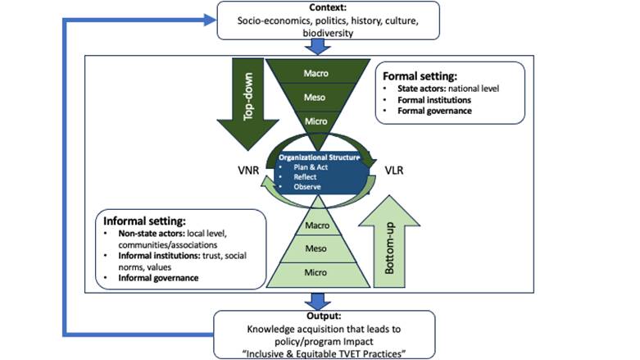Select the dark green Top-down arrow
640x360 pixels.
[x=246, y=94]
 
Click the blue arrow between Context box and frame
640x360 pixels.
[x=320, y=47]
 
